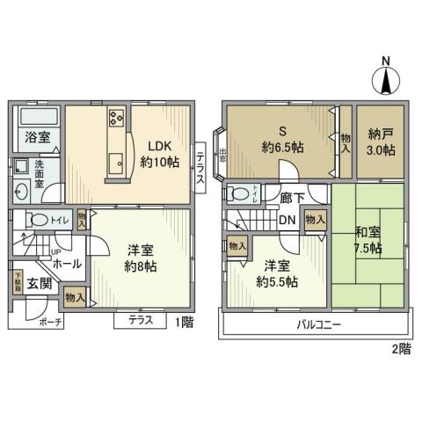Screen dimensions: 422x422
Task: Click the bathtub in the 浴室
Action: coord(36,117)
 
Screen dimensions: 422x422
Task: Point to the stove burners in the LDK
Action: coord(117,118)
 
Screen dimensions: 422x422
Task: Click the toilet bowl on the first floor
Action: coord(37,220)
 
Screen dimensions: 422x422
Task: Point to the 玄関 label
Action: coord(38,283)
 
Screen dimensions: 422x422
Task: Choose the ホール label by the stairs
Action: coord(68,263)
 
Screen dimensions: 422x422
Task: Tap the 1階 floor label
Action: coord(183,323)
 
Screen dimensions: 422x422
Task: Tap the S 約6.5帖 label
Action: coord(281,140)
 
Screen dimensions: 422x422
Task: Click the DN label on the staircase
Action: coord(287,220)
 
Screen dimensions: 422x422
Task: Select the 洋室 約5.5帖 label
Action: coord(277,273)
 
